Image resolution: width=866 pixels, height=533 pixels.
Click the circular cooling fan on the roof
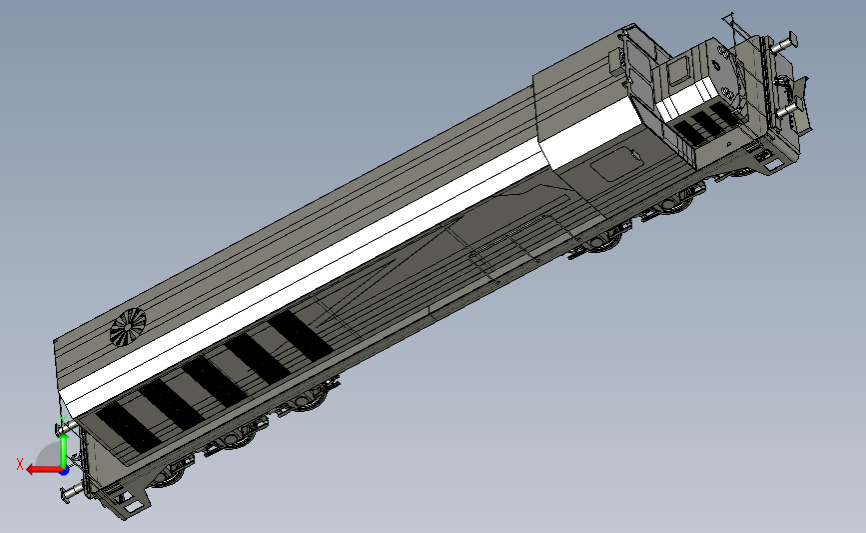click(128, 327)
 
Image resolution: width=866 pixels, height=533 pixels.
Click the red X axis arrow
click(44, 470)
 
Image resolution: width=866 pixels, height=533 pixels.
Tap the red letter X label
click(20, 464)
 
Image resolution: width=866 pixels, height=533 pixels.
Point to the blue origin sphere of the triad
click(64, 471)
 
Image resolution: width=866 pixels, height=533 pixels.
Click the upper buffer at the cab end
click(785, 43)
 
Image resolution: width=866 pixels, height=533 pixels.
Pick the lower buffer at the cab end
click(787, 111)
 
